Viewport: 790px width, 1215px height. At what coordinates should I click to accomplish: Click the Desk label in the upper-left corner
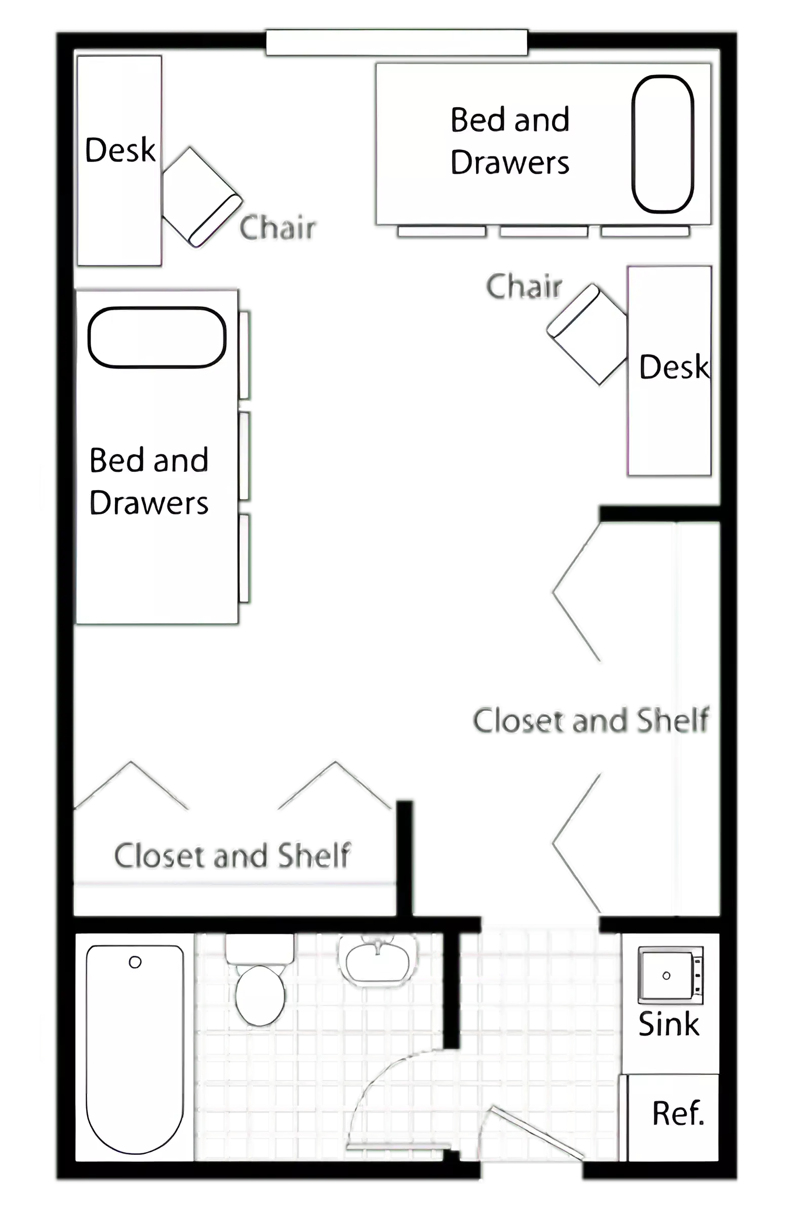click(120, 150)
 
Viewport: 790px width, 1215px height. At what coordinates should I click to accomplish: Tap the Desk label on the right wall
click(674, 367)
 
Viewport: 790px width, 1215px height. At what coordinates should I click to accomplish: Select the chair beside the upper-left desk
click(203, 196)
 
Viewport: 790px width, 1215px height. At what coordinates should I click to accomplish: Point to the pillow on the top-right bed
click(663, 144)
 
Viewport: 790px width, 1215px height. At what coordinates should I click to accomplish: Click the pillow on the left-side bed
click(157, 338)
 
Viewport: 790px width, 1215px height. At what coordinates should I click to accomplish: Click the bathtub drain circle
click(135, 962)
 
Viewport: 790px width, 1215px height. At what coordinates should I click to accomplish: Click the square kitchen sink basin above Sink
click(666, 976)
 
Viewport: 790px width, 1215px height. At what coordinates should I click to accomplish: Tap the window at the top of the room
click(397, 43)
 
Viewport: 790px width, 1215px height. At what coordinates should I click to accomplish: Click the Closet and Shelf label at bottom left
click(232, 855)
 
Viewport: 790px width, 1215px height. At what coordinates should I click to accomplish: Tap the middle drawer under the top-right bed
click(543, 233)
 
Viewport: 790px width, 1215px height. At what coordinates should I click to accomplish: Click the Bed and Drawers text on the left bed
click(148, 481)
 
